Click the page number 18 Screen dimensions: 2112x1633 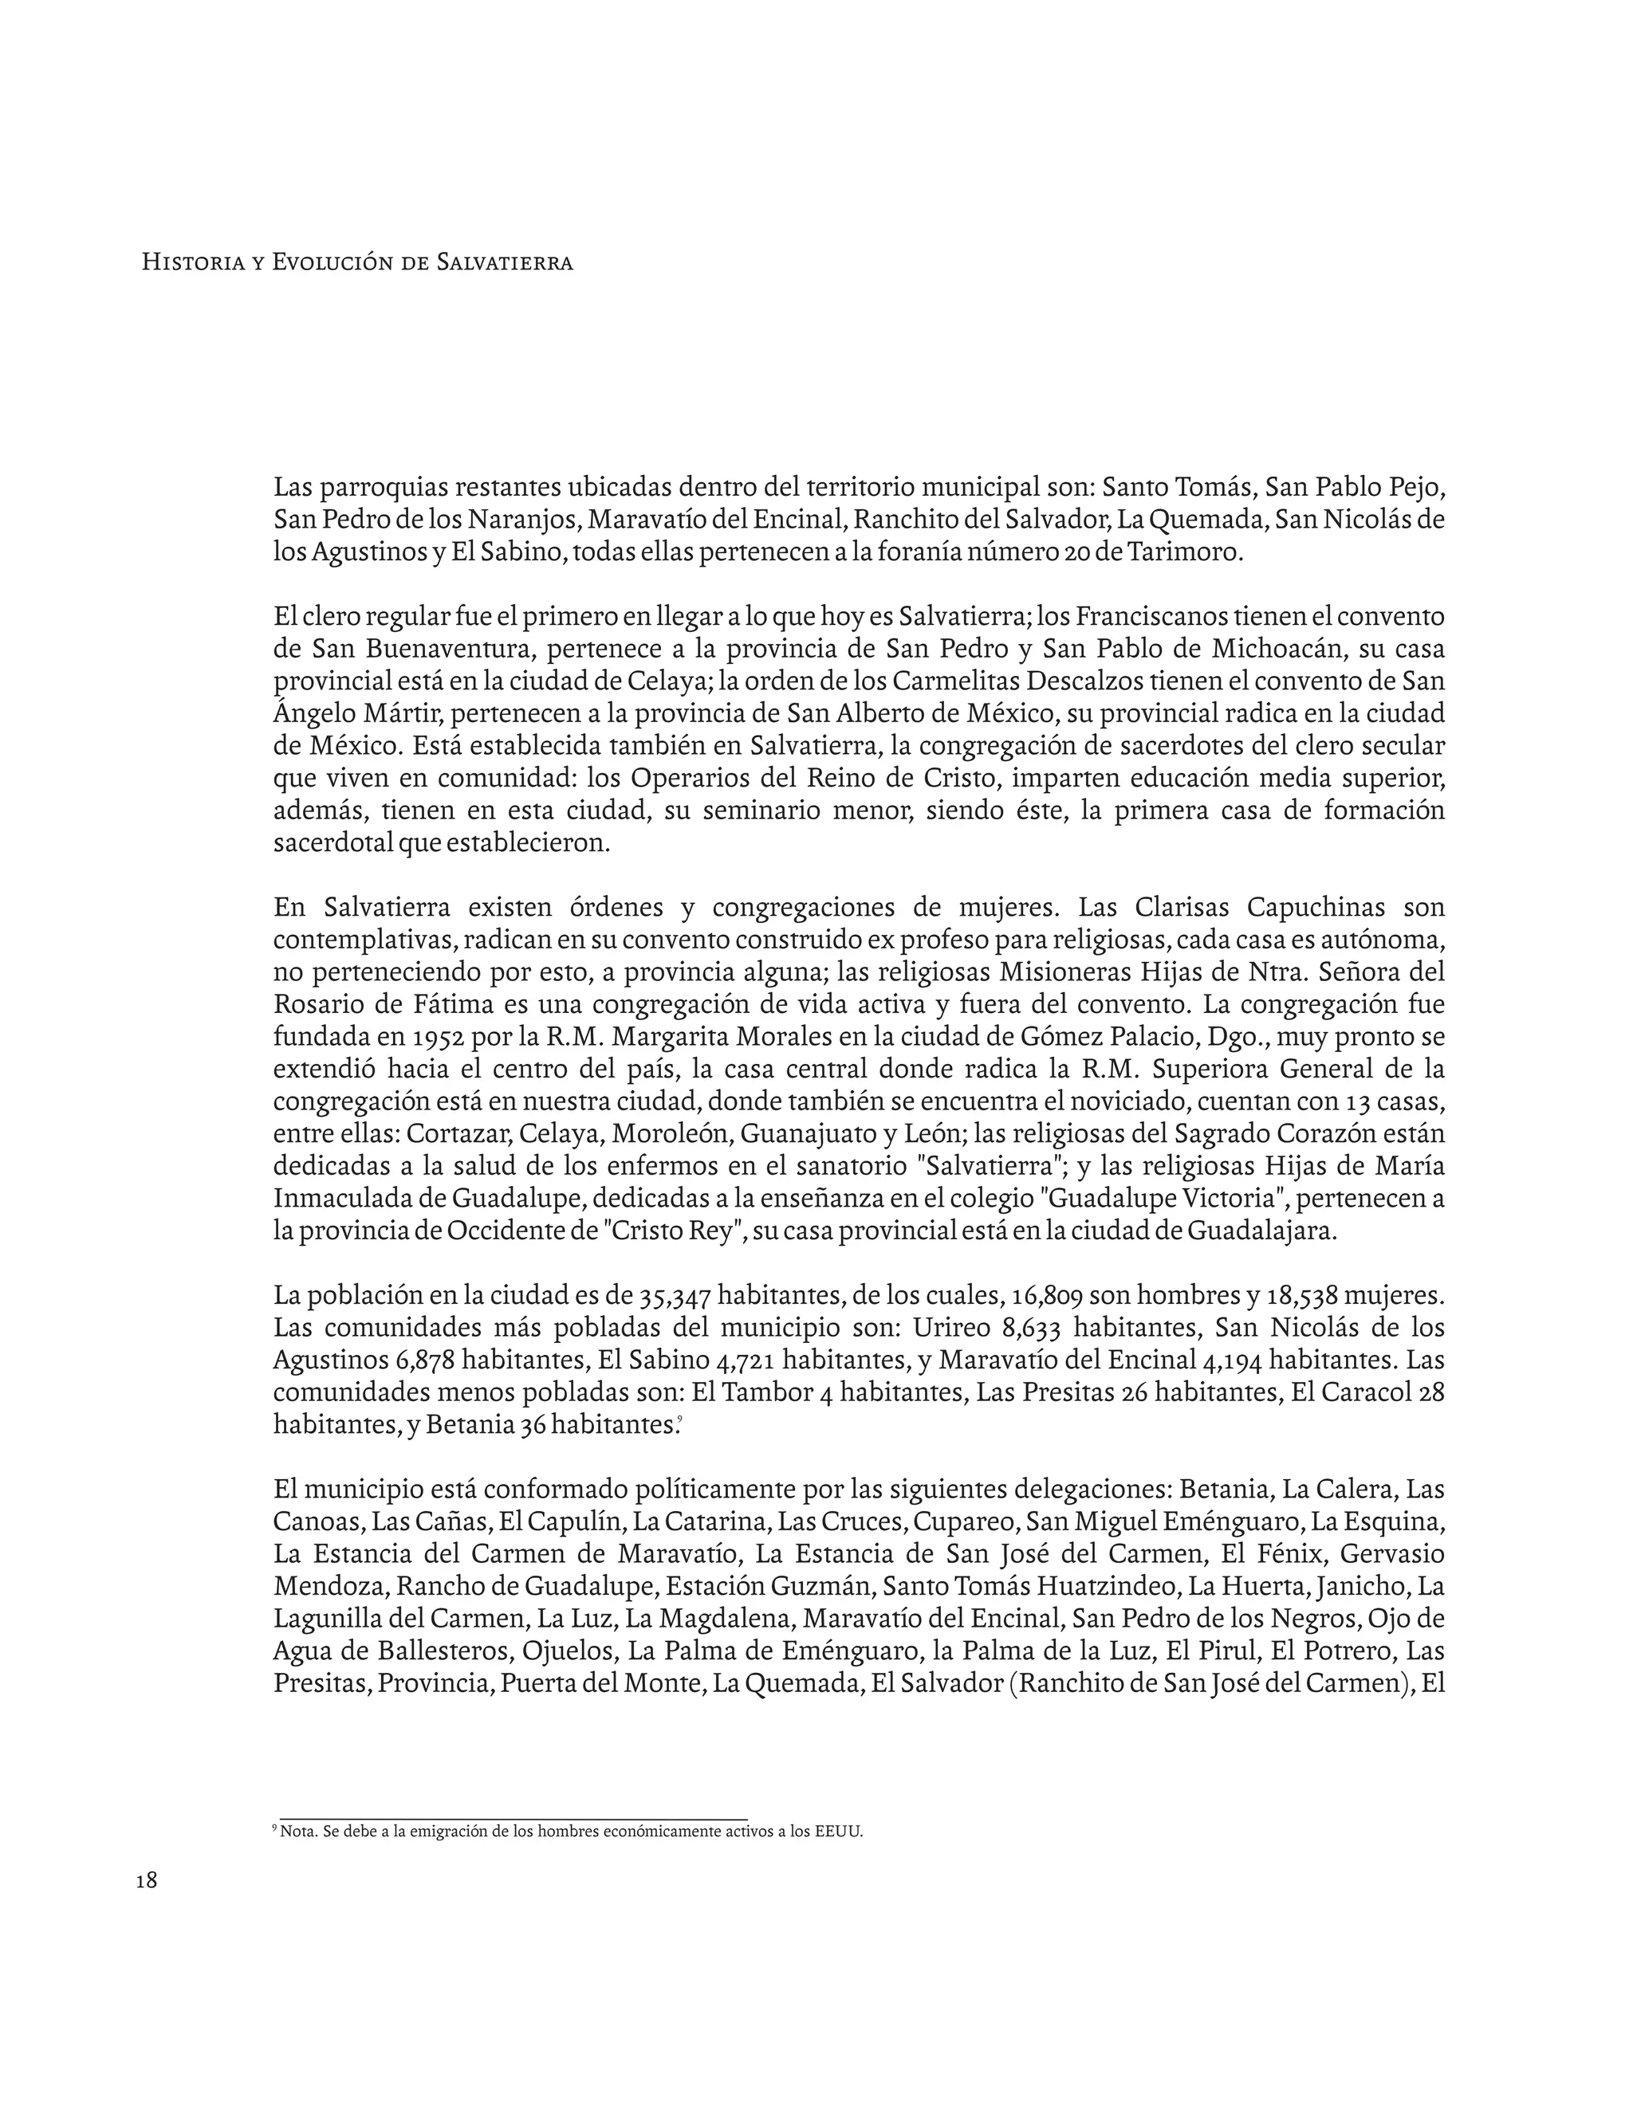(146, 1881)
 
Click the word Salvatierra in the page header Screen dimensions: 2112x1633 (504, 262)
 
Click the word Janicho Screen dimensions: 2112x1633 (1368, 1586)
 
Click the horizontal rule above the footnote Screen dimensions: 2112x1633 (513, 1817)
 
